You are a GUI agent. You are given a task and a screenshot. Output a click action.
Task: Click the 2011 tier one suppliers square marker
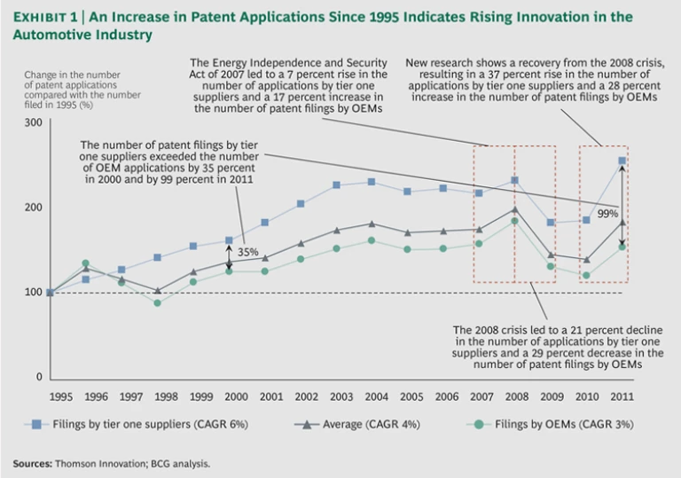pyautogui.click(x=622, y=161)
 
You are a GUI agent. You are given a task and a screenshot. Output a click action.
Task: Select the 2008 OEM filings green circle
pyautogui.click(x=514, y=221)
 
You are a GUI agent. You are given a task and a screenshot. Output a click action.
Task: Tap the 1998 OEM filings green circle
pyautogui.click(x=158, y=303)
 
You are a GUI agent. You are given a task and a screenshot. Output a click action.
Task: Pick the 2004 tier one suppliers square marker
pyautogui.click(x=371, y=182)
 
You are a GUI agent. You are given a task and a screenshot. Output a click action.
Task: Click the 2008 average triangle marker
pyautogui.click(x=514, y=209)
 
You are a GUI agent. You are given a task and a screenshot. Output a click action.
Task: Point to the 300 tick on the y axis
pyautogui.click(x=34, y=121)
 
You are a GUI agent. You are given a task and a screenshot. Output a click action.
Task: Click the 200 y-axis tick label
pyautogui.click(x=34, y=208)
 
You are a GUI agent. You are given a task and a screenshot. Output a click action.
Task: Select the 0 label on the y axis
pyautogui.click(x=39, y=378)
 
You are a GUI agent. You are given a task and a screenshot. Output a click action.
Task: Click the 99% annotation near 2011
pyautogui.click(x=607, y=214)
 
